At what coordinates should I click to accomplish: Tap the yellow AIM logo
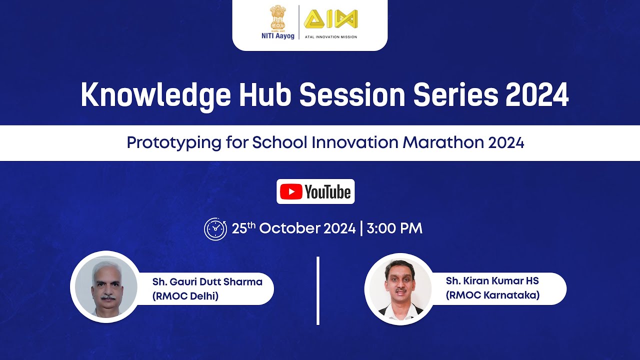pos(330,19)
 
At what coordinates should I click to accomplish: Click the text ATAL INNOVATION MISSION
pos(330,37)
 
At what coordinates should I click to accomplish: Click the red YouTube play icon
pos(291,192)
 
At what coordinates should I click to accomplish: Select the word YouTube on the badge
pos(327,192)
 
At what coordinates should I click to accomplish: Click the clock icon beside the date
pos(215,229)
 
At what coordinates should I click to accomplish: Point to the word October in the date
pos(289,228)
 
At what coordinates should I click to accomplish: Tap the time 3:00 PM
pos(394,228)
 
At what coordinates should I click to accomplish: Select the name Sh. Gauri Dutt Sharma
pos(207,281)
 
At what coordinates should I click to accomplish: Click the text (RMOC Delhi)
pos(185,296)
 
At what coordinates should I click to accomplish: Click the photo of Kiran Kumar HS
pos(399,288)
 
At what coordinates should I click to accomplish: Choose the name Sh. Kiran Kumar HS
pos(492,281)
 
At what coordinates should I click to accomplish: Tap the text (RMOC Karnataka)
pos(492,295)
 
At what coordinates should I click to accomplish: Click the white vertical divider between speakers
pos(318,290)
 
